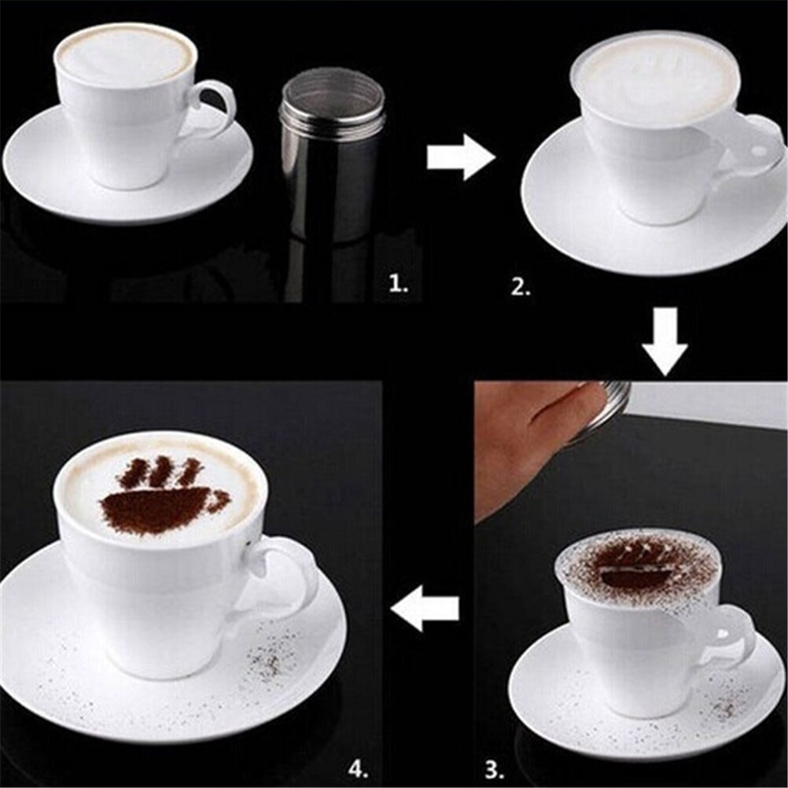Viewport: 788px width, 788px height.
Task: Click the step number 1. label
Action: (x=399, y=285)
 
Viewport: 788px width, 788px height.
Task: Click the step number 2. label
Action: (x=521, y=287)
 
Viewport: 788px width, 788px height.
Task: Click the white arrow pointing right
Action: (x=460, y=157)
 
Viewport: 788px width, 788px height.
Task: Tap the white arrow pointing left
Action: (x=425, y=608)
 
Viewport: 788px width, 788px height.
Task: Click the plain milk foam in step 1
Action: (x=126, y=55)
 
